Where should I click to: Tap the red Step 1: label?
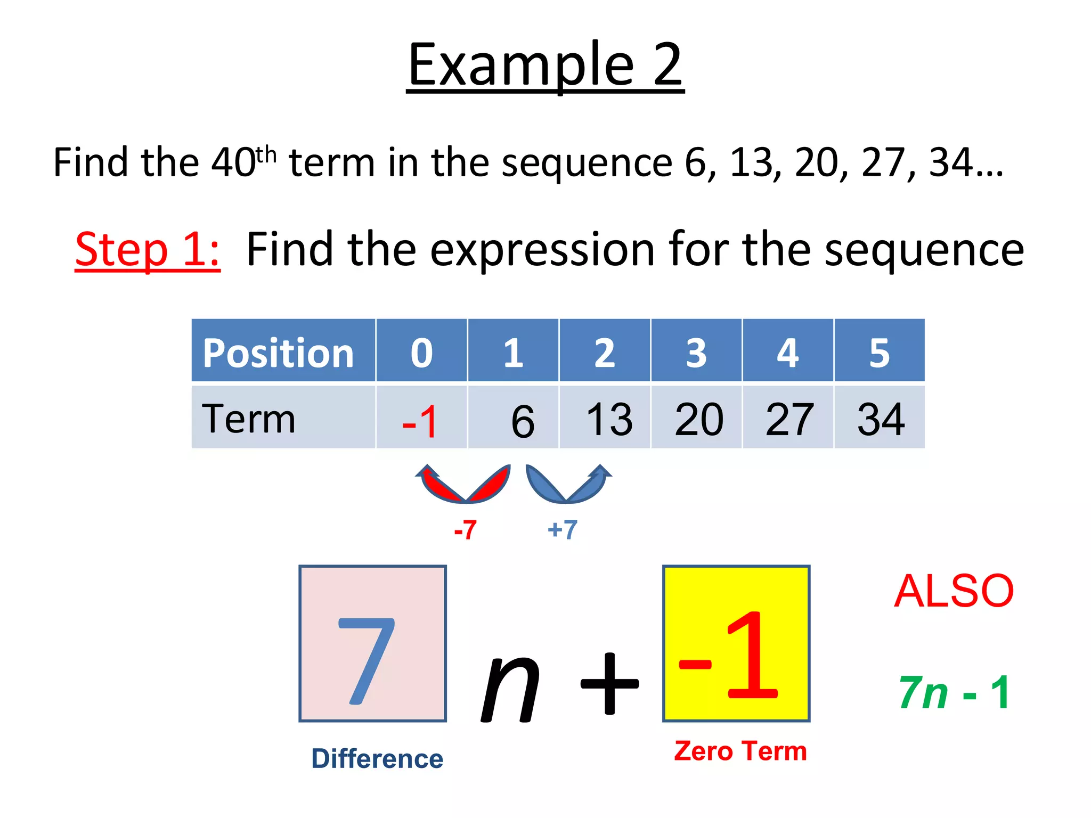pyautogui.click(x=148, y=249)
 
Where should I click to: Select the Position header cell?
pyautogui.click(x=283, y=351)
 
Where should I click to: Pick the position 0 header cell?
pyautogui.click(x=421, y=351)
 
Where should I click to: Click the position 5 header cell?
pyautogui.click(x=880, y=351)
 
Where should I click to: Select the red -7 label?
pyautogui.click(x=465, y=530)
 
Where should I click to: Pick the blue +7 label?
pyautogui.click(x=563, y=530)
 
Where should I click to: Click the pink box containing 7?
pyautogui.click(x=372, y=643)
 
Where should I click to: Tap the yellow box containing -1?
pyautogui.click(x=736, y=643)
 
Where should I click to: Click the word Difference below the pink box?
pyautogui.click(x=377, y=758)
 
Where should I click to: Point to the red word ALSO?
pyautogui.click(x=954, y=591)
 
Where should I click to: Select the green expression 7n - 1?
pyautogui.click(x=954, y=692)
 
